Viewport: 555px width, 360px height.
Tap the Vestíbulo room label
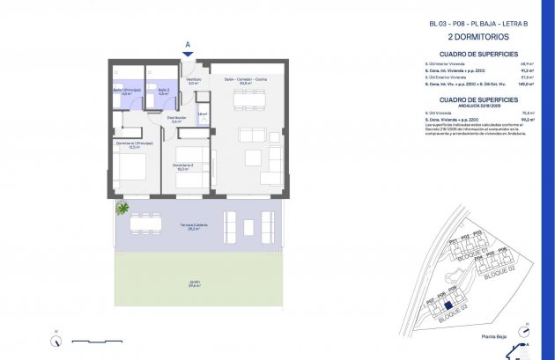point(193,81)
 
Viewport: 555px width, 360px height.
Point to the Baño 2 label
point(163,91)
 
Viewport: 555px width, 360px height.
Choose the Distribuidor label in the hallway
point(176,119)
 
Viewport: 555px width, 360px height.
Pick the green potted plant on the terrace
point(122,209)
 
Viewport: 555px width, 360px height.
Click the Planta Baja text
point(504,335)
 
